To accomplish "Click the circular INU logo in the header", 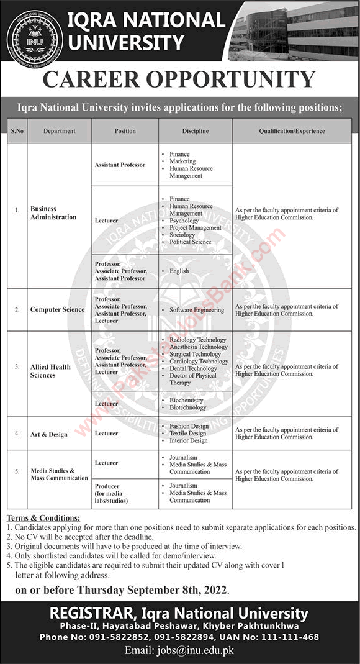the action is click(x=34, y=35).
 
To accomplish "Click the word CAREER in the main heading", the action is click(x=109, y=79).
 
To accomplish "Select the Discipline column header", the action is click(x=196, y=132).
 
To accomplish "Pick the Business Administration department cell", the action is click(x=53, y=213).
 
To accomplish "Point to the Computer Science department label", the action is click(x=57, y=309).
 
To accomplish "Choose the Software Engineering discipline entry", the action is click(x=197, y=309).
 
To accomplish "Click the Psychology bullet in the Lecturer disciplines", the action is click(x=184, y=221).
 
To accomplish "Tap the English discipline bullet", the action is click(x=179, y=271).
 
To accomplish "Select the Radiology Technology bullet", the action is click(x=198, y=340).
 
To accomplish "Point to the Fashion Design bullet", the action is click(x=189, y=426).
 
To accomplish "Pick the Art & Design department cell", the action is click(x=49, y=434).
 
